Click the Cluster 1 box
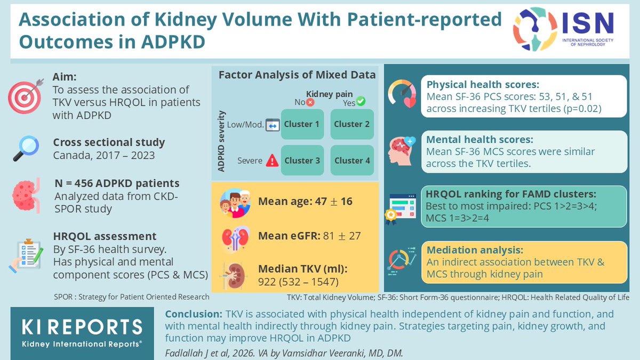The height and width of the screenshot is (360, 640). click(x=302, y=124)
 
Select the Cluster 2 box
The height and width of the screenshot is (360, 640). click(x=351, y=124)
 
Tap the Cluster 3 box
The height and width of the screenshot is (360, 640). click(x=302, y=160)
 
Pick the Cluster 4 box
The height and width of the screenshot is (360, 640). click(x=351, y=160)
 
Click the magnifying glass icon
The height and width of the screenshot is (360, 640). click(x=25, y=148)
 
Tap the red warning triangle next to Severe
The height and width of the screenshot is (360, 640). click(x=272, y=160)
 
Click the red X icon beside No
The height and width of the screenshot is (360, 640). click(x=310, y=101)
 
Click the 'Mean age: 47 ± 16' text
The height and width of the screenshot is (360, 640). click(x=305, y=202)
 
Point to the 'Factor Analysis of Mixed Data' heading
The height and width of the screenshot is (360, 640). click(x=297, y=75)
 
